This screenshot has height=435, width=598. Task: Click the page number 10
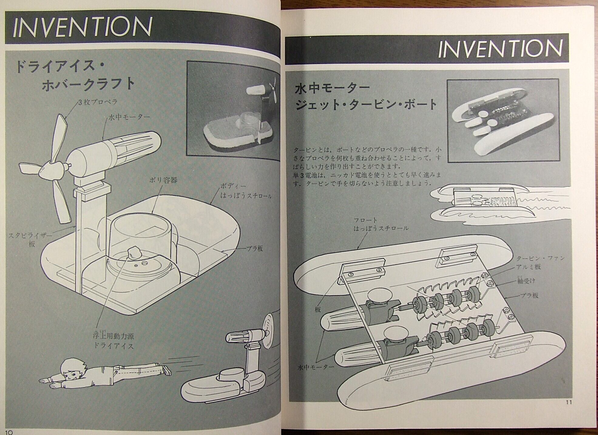8,431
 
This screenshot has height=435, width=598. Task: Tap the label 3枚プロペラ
97,102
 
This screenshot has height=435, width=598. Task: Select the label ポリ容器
163,180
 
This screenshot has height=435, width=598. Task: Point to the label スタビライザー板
29,239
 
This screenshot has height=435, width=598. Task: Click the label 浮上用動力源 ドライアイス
113,341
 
